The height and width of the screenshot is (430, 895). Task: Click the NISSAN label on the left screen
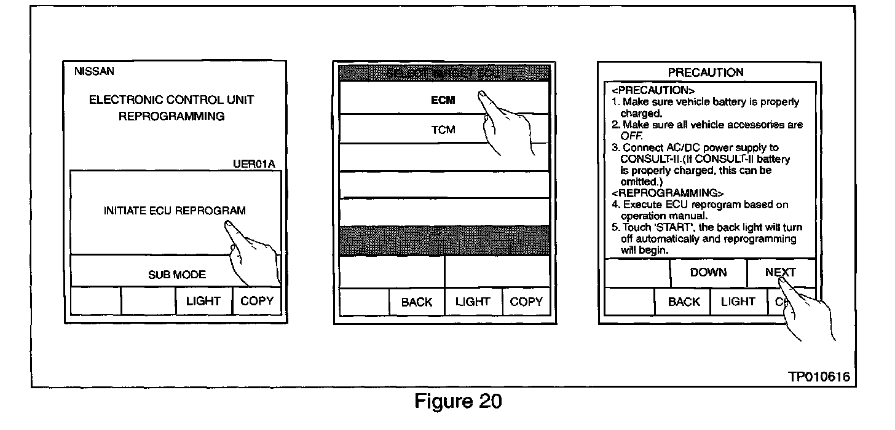[94, 72]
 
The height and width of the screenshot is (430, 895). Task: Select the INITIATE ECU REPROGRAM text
[175, 211]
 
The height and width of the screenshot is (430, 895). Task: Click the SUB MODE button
[176, 275]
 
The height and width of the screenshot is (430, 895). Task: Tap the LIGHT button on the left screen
[203, 301]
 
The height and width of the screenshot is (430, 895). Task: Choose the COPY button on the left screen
[257, 301]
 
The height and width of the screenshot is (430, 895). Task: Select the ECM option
[443, 100]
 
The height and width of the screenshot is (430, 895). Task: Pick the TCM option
[443, 130]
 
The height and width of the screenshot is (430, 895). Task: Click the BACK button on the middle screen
[416, 302]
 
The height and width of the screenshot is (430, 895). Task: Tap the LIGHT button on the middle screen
[472, 302]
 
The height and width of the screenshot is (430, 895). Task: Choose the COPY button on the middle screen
[526, 302]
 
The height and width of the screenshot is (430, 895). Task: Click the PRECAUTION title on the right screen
[706, 72]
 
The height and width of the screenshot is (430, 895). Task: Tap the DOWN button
[708, 272]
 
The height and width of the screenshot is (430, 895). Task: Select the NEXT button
[780, 272]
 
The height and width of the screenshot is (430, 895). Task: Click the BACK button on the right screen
[684, 302]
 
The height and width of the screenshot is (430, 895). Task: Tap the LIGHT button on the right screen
[738, 302]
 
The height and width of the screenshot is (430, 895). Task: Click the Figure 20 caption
[458, 402]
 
